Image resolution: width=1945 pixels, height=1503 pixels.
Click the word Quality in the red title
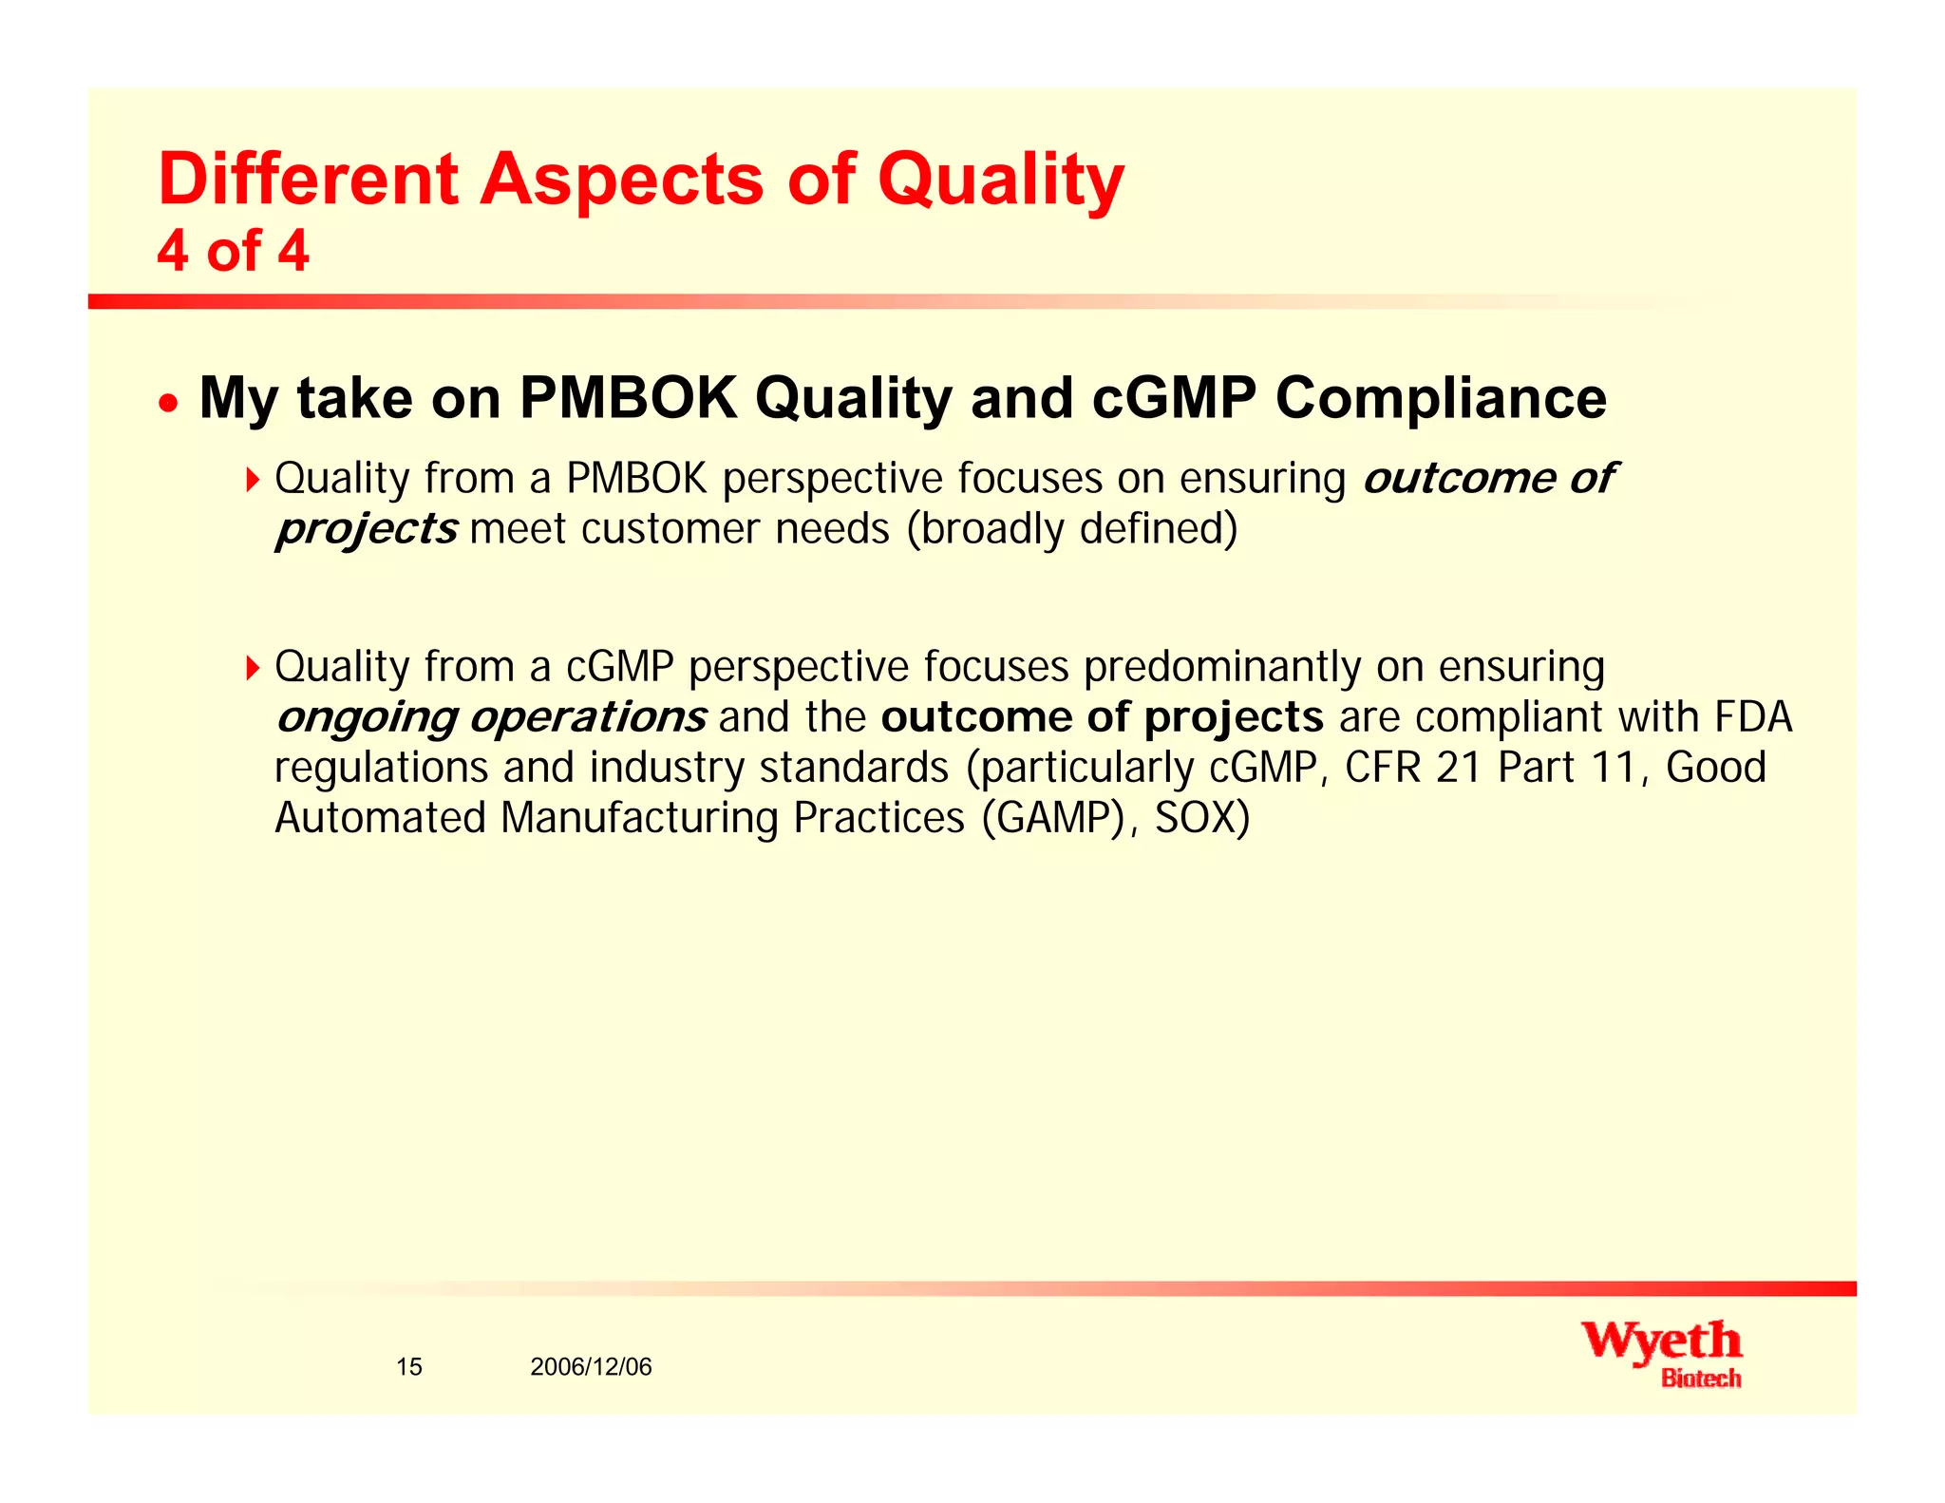1000,181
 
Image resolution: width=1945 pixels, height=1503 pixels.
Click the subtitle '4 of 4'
233,252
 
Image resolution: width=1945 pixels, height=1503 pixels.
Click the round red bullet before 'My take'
168,403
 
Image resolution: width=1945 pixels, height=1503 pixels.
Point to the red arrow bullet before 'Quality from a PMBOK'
252,480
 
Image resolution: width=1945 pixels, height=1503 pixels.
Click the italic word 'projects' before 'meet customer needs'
367,529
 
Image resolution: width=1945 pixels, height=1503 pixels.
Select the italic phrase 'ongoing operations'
490,717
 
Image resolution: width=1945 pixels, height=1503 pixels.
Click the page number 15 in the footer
409,1367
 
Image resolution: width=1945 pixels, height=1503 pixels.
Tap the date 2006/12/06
591,1367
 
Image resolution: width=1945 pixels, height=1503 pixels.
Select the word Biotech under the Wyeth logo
1701,1379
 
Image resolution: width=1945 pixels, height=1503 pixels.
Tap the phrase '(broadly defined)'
1072,529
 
